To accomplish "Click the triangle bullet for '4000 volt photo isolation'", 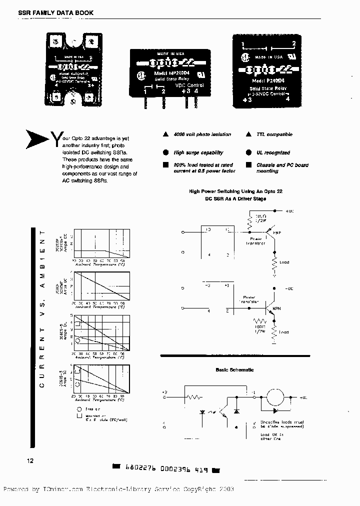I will click(165, 134).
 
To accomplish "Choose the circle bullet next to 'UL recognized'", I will click(248, 152).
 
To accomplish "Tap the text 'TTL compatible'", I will click(274, 134).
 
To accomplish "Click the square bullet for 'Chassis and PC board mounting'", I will click(248, 165).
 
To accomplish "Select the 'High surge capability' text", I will click(198, 152).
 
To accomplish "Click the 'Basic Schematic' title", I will click(234, 369).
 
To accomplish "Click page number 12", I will click(29, 460).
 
